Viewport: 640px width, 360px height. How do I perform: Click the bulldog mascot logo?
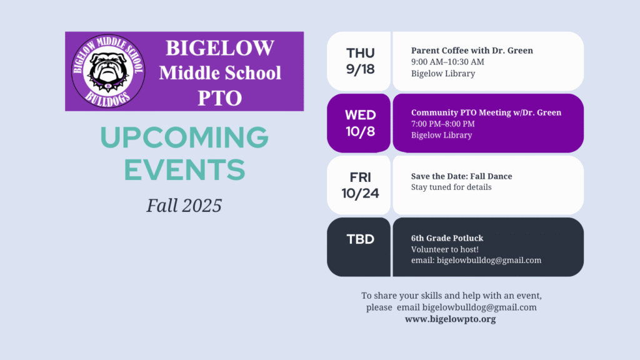click(x=107, y=71)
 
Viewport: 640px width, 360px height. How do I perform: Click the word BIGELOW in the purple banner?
click(x=220, y=47)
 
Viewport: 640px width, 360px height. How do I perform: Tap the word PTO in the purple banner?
click(x=220, y=98)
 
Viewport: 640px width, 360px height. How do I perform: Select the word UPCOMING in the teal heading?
click(x=184, y=137)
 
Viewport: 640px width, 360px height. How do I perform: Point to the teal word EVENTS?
click(x=184, y=170)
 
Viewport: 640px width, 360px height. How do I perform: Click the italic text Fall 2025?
click(x=184, y=205)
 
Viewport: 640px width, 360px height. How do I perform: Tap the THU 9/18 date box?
click(x=359, y=61)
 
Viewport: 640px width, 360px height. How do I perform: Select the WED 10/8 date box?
click(x=359, y=123)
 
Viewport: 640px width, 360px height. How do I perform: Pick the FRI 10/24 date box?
click(x=359, y=185)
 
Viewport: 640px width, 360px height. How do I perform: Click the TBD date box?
click(x=359, y=247)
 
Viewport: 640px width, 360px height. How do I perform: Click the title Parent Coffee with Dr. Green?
click(x=472, y=51)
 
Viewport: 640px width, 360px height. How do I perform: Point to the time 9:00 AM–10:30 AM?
click(x=447, y=62)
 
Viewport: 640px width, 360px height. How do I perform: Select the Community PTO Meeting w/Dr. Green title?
click(x=486, y=112)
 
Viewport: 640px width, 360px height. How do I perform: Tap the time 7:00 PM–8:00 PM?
click(x=443, y=124)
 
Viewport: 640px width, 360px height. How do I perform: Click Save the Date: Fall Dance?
click(x=462, y=176)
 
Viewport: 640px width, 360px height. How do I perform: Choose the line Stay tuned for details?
click(x=451, y=187)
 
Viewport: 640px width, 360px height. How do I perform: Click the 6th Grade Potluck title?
click(x=447, y=238)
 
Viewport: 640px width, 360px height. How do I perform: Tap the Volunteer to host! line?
click(x=445, y=249)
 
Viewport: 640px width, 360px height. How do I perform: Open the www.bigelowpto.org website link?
click(x=450, y=319)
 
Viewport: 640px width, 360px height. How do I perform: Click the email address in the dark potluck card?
click(x=489, y=261)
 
